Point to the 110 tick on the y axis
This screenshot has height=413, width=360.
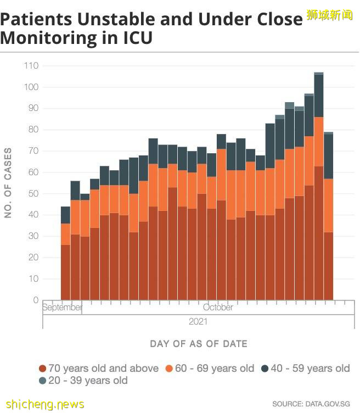(x=31, y=66)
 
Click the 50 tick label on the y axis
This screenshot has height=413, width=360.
(x=32, y=194)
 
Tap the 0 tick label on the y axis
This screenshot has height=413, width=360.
(x=35, y=300)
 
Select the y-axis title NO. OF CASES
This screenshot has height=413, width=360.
(x=8, y=183)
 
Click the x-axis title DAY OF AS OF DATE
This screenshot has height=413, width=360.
(x=199, y=344)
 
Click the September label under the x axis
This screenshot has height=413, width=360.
(x=63, y=308)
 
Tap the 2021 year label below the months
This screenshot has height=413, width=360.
(x=198, y=321)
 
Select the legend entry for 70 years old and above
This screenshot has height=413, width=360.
(x=99, y=369)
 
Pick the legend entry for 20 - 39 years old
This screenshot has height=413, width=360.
(x=83, y=381)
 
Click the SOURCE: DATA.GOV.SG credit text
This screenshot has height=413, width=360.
(x=311, y=404)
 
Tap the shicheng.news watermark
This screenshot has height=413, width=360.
(x=42, y=404)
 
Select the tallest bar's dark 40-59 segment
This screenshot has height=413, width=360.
(x=318, y=96)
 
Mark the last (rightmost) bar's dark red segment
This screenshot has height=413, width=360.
(x=328, y=266)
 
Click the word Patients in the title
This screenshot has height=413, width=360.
(x=36, y=20)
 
